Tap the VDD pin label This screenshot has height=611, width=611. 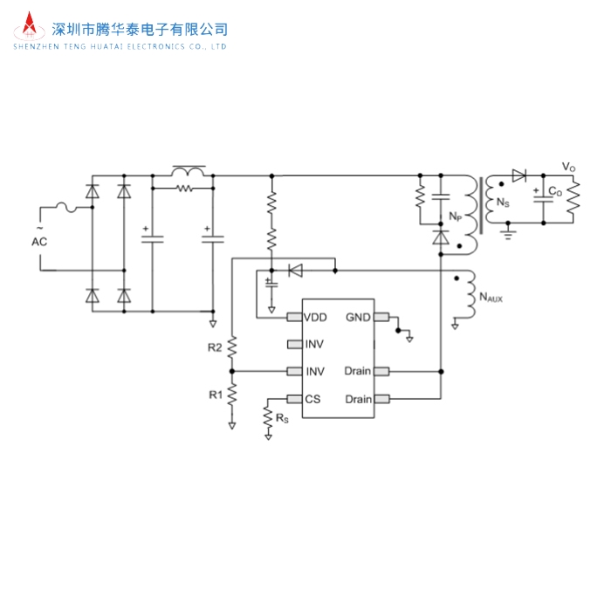point(315,317)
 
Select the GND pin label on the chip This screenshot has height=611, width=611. point(359,317)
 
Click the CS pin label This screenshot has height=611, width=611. point(312,399)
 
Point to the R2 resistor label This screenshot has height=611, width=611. point(215,347)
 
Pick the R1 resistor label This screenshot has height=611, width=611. point(215,395)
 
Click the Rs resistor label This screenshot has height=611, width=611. point(281,419)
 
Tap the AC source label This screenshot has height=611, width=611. point(39,241)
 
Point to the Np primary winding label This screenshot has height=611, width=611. point(456,216)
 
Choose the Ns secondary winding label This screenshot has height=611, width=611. point(502,203)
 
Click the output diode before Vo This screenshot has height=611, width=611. point(519,175)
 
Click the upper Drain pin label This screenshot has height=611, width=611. point(358,371)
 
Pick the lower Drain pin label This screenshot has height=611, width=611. point(358,399)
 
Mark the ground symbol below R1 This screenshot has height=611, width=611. point(232,426)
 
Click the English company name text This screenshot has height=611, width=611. point(120,47)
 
